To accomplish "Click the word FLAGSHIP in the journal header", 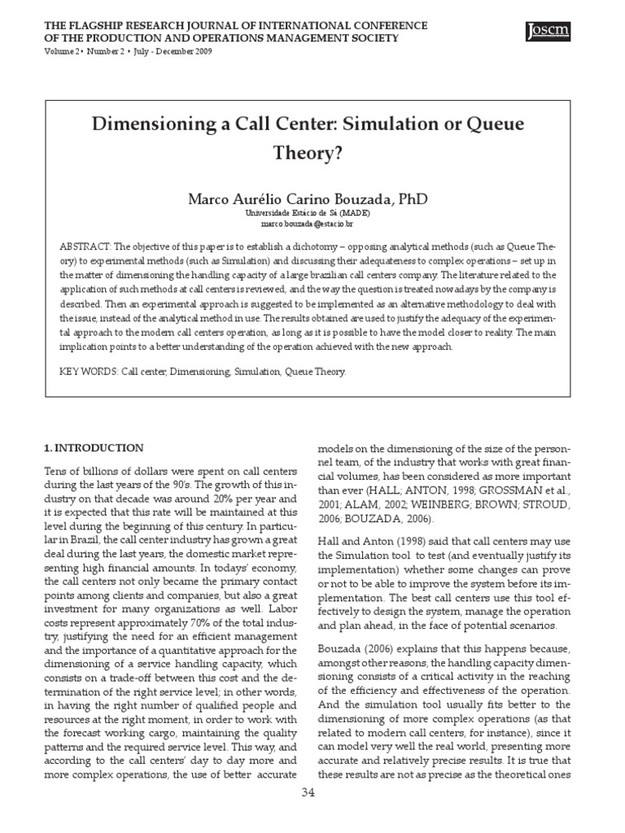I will click(105, 26).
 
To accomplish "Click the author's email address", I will click(307, 223).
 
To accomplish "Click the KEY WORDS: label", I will click(89, 372).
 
